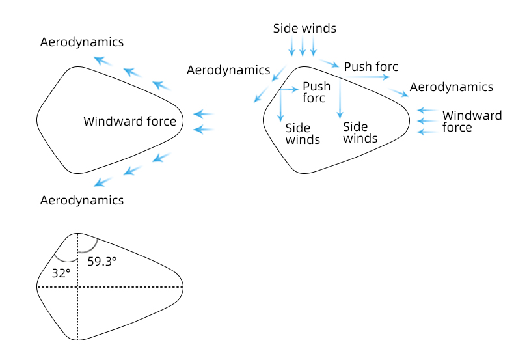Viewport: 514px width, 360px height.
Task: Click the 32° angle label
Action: click(x=61, y=273)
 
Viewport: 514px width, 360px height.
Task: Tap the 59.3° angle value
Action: click(x=102, y=261)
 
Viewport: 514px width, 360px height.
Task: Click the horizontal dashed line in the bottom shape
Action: click(x=130, y=286)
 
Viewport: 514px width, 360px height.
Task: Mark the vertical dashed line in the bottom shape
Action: click(x=77, y=312)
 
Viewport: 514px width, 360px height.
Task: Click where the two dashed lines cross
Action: click(x=77, y=286)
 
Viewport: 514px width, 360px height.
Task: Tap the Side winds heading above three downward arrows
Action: click(x=304, y=28)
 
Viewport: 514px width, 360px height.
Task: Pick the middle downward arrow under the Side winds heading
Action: click(x=303, y=46)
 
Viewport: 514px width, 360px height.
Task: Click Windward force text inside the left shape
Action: click(x=129, y=121)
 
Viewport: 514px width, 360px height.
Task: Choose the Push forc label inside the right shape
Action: click(x=316, y=92)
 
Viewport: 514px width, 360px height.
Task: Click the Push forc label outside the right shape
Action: click(x=371, y=66)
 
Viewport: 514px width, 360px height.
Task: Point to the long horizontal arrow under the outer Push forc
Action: click(x=367, y=77)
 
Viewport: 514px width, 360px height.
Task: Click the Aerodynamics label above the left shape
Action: click(x=82, y=42)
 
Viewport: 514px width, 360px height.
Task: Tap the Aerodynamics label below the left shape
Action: click(x=82, y=200)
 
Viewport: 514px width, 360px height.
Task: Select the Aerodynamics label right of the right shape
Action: click(x=452, y=87)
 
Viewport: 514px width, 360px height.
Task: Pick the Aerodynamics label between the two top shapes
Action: click(x=228, y=70)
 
